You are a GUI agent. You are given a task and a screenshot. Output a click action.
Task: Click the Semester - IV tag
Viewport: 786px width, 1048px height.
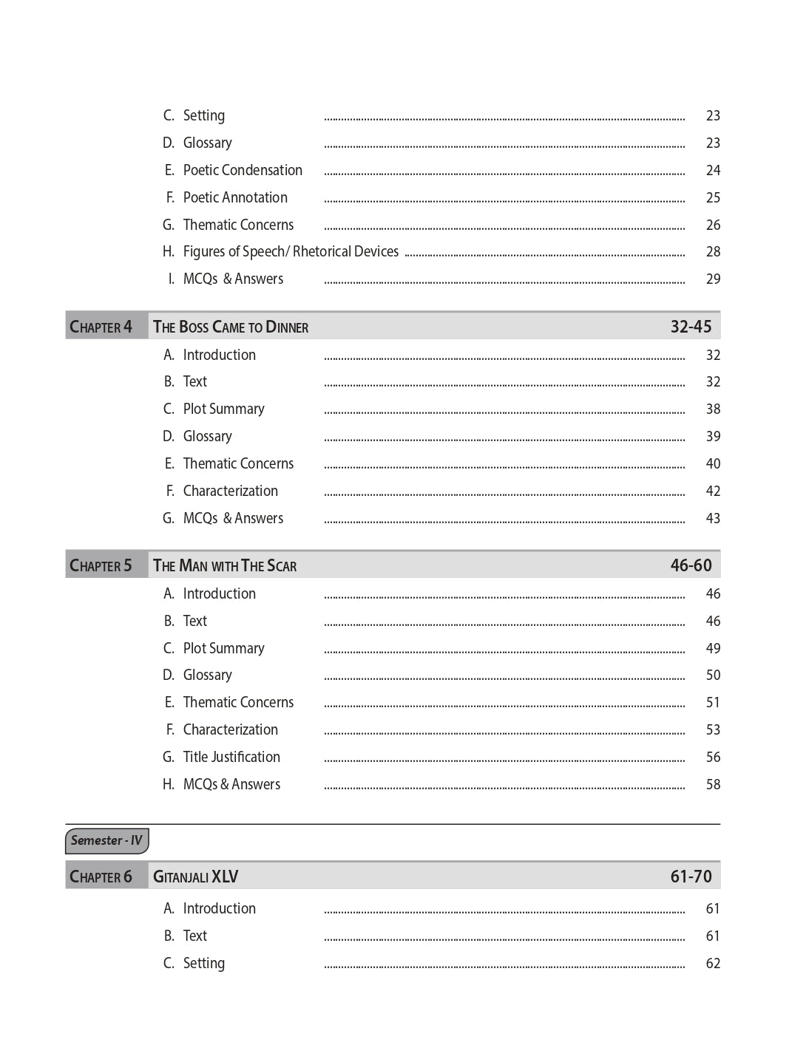[106, 840]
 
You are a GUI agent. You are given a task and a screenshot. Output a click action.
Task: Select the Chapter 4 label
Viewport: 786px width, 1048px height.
[101, 327]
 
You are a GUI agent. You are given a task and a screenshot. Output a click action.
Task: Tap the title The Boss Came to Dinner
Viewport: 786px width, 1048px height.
[231, 327]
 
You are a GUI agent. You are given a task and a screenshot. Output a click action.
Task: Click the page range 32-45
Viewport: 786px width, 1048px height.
[691, 327]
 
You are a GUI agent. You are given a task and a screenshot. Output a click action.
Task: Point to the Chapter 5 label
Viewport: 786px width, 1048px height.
[101, 565]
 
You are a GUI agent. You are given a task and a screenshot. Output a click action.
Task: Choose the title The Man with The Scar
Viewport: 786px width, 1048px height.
[225, 565]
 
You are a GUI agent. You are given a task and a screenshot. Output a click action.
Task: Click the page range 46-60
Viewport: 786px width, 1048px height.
[691, 565]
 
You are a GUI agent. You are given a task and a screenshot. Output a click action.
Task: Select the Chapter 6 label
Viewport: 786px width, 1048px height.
[101, 877]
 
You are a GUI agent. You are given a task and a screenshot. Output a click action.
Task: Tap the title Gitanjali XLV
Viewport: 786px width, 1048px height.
[195, 877]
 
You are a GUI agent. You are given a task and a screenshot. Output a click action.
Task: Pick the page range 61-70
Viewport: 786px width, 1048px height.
[691, 877]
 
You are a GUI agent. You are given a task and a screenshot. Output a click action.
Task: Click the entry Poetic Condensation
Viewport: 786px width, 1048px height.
[243, 170]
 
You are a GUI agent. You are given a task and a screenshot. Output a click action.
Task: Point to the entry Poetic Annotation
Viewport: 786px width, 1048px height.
[235, 197]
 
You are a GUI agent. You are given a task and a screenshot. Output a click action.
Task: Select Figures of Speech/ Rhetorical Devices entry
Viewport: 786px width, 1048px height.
[291, 251]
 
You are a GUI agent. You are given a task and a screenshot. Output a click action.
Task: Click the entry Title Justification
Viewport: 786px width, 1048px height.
[231, 757]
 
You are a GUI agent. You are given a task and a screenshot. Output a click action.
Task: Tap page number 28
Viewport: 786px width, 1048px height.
[713, 251]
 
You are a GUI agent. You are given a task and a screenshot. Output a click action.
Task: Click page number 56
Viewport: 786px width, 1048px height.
[713, 757]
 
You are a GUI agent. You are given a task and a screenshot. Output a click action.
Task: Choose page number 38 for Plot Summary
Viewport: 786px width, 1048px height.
[713, 409]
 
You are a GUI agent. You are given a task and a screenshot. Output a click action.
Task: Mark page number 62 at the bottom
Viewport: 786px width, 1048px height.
[713, 963]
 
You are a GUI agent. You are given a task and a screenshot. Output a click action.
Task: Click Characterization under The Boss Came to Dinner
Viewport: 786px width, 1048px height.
[231, 491]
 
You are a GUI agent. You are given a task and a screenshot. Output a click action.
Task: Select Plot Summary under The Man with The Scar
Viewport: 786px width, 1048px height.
[223, 648]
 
